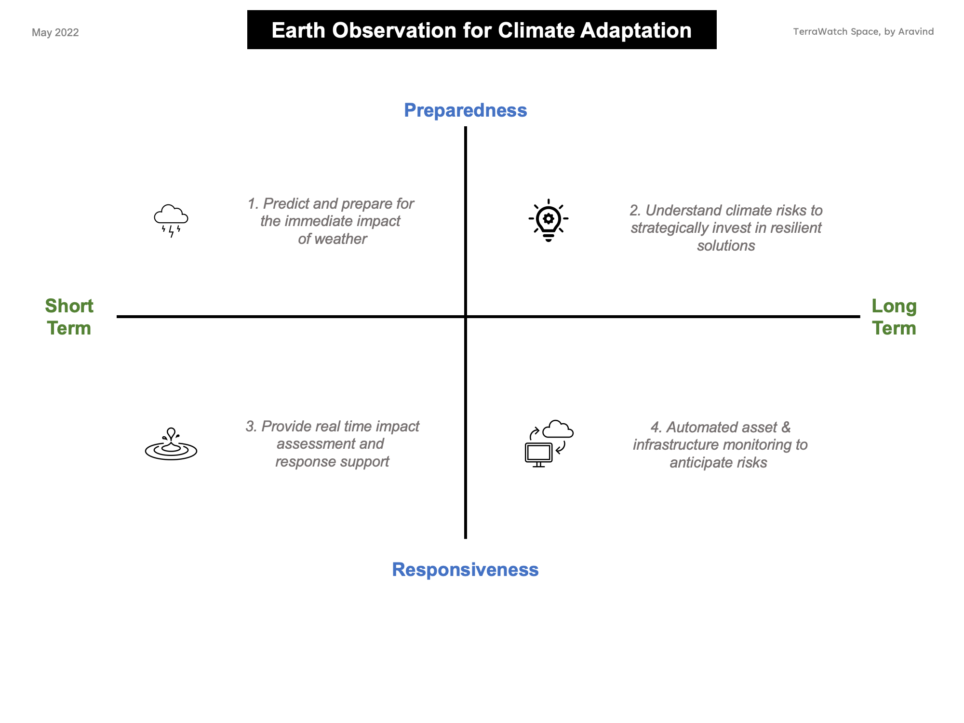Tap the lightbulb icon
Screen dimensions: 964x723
pyautogui.click(x=549, y=220)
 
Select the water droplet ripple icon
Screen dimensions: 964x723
pyautogui.click(x=171, y=444)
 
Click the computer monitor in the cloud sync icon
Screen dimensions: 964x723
pyautogui.click(x=538, y=455)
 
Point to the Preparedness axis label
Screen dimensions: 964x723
pyautogui.click(x=466, y=110)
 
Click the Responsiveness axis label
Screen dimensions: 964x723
pyautogui.click(x=465, y=570)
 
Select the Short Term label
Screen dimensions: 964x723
pyautogui.click(x=69, y=317)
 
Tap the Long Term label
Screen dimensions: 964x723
pyautogui.click(x=894, y=317)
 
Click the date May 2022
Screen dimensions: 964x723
pyautogui.click(x=55, y=32)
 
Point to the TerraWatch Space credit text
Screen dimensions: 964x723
pyautogui.click(x=863, y=32)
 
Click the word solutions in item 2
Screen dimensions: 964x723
pyautogui.click(x=726, y=246)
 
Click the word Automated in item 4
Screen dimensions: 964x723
pyautogui.click(x=697, y=428)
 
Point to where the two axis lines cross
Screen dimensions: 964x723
pyautogui.click(x=466, y=317)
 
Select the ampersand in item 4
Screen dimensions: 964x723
pyautogui.click(x=786, y=428)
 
